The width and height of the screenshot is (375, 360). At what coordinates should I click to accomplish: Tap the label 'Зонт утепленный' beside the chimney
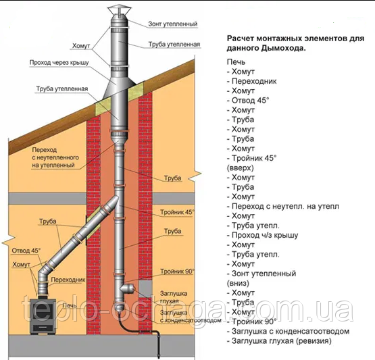click(x=173, y=24)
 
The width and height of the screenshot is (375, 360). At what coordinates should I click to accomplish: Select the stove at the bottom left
click(x=43, y=315)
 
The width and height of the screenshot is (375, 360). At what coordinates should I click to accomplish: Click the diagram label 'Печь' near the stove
click(x=70, y=305)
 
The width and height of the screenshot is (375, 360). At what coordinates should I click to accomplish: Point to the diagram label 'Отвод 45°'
click(x=26, y=251)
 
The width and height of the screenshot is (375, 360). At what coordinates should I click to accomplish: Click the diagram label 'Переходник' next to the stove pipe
click(x=68, y=280)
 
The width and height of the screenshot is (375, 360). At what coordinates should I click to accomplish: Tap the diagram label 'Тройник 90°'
click(x=177, y=272)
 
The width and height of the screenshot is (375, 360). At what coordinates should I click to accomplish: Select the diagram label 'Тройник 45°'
click(x=177, y=212)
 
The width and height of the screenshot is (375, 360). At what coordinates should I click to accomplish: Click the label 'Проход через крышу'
click(x=59, y=63)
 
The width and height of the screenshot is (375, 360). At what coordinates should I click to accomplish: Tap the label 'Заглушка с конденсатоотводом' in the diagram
click(x=191, y=316)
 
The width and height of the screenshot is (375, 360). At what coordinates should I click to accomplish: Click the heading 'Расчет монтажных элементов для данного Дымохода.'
click(x=295, y=43)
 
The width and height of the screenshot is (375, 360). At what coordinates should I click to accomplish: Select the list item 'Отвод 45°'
click(x=248, y=100)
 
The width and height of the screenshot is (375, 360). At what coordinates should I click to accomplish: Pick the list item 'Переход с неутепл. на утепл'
click(x=283, y=206)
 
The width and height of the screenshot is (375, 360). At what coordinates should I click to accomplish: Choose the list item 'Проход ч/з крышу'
click(x=262, y=235)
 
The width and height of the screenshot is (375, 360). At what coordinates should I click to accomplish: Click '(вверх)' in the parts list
click(x=240, y=168)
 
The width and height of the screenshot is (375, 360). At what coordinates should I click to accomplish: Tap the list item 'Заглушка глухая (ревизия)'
click(x=279, y=340)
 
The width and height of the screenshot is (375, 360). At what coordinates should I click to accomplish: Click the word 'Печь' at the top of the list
click(x=236, y=62)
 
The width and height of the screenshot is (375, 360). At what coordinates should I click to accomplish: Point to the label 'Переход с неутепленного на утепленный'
click(x=55, y=157)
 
